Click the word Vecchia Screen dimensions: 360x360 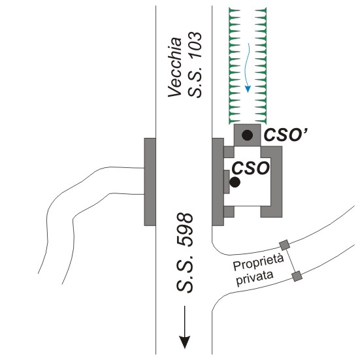pos(175,67)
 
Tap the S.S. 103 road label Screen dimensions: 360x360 pos(195,65)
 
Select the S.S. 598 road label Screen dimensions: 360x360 pos(185,254)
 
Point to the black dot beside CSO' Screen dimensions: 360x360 pos(247,135)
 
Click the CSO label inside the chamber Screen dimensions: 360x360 pos(250,168)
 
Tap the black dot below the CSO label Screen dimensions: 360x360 pos(235,182)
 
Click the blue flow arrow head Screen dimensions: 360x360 pos(248,89)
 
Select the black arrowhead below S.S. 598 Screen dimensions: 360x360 pos(185,342)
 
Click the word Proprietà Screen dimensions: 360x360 pos(258,263)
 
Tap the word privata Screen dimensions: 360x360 pos(255,278)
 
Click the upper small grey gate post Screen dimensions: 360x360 pos(285,245)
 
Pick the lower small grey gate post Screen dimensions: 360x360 pos(297,276)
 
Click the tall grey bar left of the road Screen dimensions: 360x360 pos(150,182)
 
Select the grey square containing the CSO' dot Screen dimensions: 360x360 pos(247,135)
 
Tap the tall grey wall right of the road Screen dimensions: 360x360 pos(218,182)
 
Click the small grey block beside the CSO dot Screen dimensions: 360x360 pos(227,182)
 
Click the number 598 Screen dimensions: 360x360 pos(185,230)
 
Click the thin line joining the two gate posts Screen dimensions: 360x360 pos(291,260)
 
